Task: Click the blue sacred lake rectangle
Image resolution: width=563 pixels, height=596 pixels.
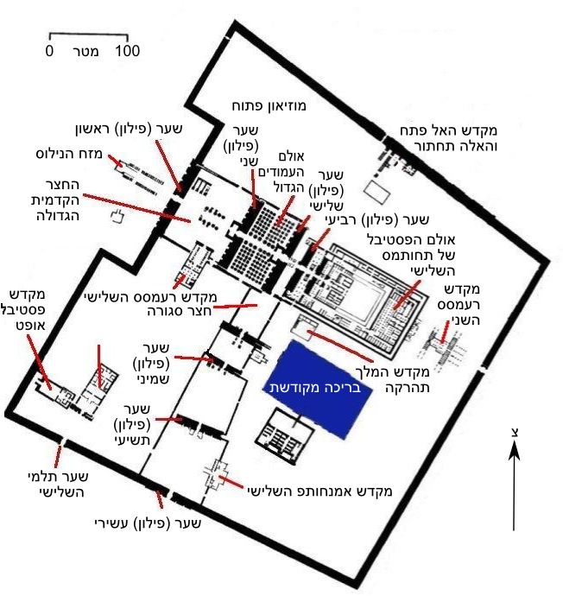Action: coord(318,389)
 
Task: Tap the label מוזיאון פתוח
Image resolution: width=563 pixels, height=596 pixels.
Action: coord(269,105)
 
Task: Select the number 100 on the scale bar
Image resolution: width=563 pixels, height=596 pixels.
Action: coord(128,51)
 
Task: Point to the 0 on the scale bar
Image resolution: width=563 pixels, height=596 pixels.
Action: coord(49,51)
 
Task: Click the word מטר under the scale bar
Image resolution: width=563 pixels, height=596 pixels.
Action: coord(85,51)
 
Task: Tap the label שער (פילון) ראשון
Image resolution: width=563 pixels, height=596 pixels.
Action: coord(130,129)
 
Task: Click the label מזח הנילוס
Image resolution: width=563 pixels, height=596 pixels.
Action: coord(69,154)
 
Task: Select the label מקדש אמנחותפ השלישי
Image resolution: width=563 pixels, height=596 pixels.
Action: coord(319,491)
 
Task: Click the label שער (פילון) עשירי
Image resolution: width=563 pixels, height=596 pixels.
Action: coord(148,523)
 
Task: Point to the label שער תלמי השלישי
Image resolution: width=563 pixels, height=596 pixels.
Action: coord(59,484)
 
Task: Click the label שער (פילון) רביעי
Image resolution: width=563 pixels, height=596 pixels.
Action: coord(376,219)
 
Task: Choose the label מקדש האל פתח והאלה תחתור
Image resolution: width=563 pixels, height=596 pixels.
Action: coord(449,138)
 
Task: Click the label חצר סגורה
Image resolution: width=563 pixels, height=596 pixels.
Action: coord(179,311)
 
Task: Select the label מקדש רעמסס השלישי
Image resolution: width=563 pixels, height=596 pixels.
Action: coord(150,296)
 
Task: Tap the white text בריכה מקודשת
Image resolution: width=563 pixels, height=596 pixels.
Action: coord(315,388)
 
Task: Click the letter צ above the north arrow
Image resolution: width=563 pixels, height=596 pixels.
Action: coord(515,433)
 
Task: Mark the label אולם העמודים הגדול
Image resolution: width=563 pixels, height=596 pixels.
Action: coord(281,172)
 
